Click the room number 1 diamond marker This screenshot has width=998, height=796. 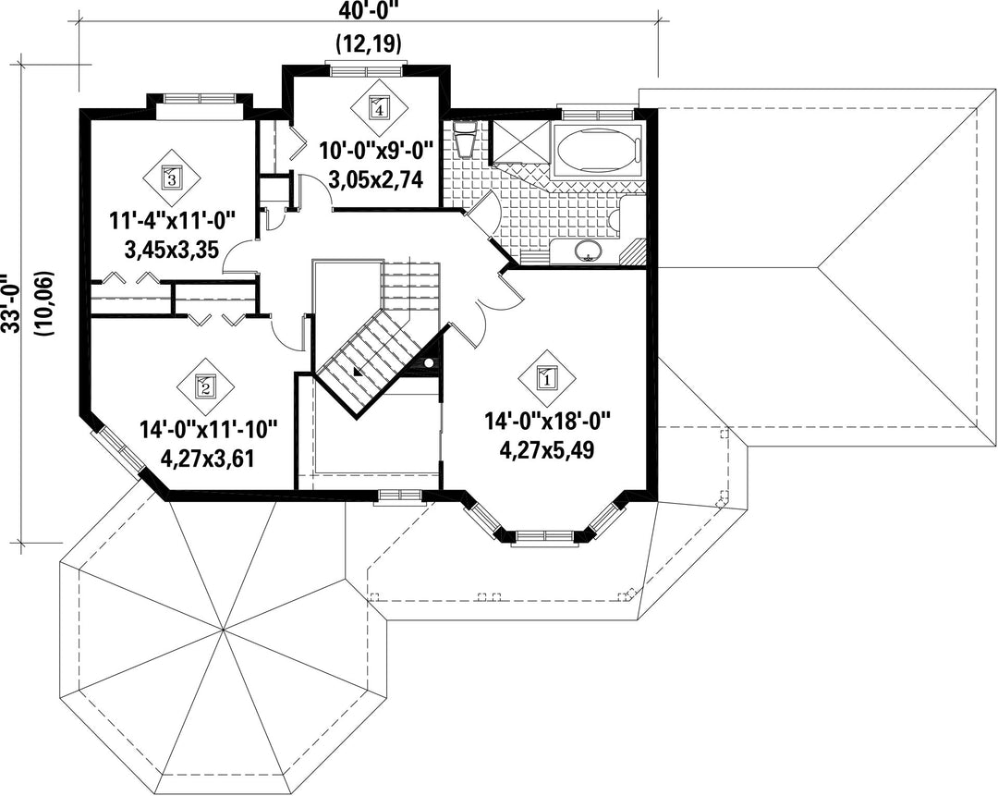pyautogui.click(x=547, y=379)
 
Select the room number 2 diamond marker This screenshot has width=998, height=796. pyautogui.click(x=205, y=386)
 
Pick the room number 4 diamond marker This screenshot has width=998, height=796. pyautogui.click(x=379, y=107)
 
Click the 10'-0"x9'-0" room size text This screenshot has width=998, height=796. pyautogui.click(x=375, y=153)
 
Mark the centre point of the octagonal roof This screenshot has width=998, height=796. pyautogui.click(x=224, y=630)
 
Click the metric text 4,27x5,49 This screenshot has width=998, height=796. pyautogui.click(x=547, y=450)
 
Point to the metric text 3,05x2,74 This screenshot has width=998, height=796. pyautogui.click(x=375, y=181)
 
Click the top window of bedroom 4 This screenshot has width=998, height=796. pyautogui.click(x=365, y=68)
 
